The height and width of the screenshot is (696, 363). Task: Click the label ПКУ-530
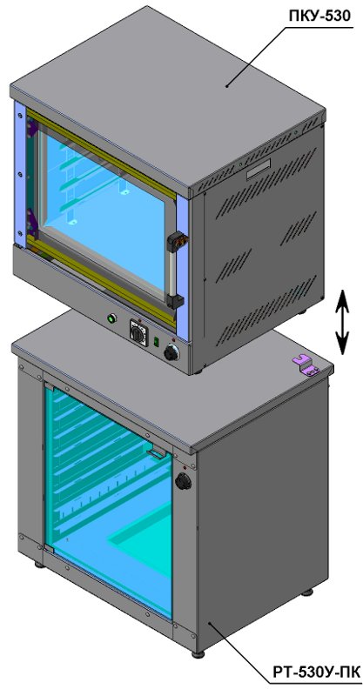click(319, 16)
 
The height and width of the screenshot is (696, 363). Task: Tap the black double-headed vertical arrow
click(342, 322)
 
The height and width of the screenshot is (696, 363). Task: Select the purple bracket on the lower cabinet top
click(307, 365)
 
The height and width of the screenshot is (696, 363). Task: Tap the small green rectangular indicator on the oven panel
click(156, 341)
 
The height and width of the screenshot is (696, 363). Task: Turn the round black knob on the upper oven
click(171, 353)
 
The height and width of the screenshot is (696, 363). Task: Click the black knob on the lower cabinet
click(183, 482)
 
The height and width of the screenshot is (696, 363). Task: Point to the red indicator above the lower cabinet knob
click(185, 467)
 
